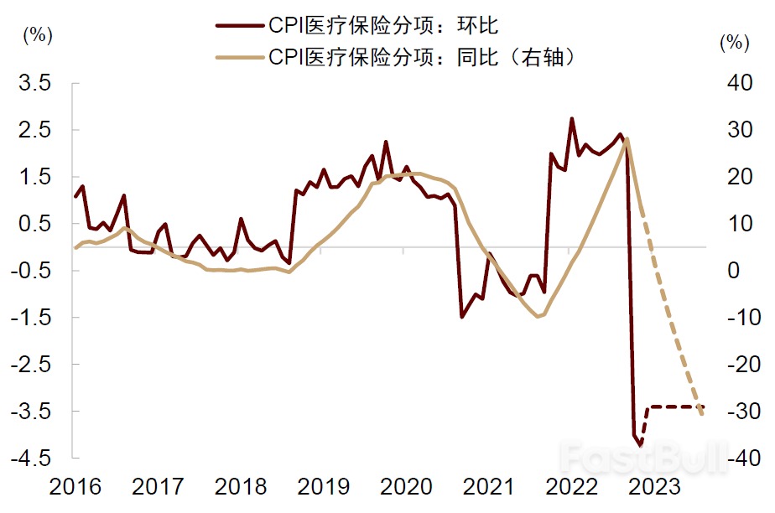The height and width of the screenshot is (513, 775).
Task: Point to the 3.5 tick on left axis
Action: pyautogui.click(x=36, y=83)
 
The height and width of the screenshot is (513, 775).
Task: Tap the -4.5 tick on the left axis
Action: pyautogui.click(x=33, y=459)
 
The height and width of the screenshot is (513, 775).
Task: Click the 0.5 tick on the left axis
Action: pyautogui.click(x=36, y=224)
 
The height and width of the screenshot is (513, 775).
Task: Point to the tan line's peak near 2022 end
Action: pyautogui.click(x=627, y=139)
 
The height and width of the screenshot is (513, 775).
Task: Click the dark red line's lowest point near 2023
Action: pyautogui.click(x=641, y=445)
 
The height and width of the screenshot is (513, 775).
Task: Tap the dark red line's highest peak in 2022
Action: pyautogui.click(x=572, y=119)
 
